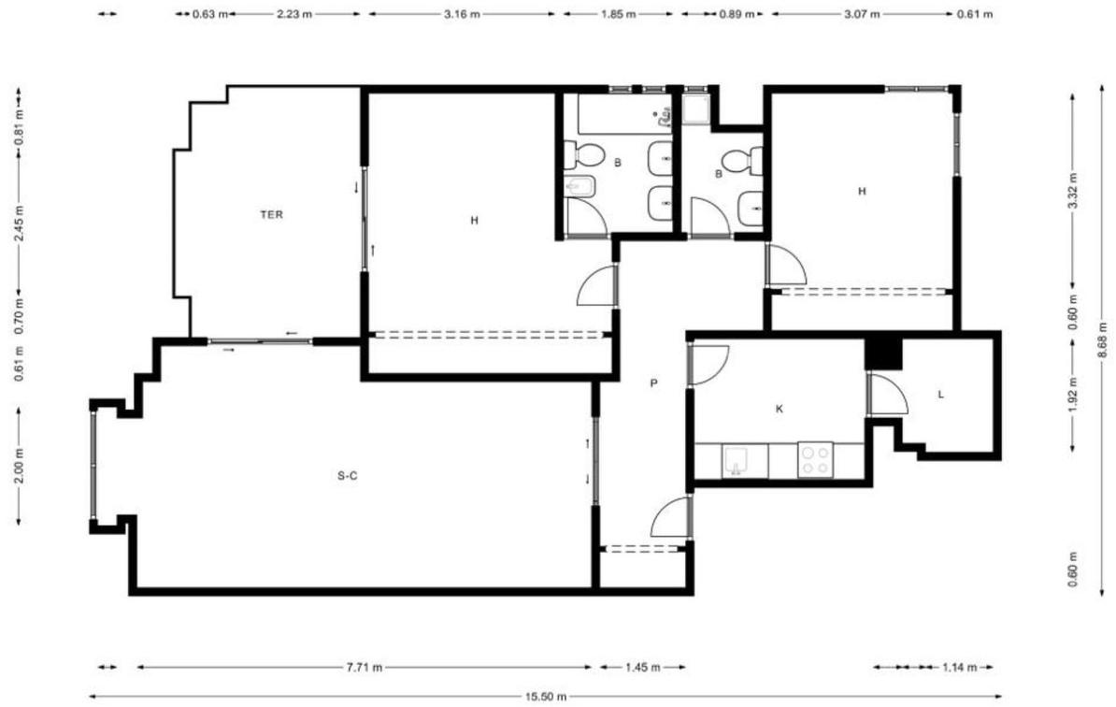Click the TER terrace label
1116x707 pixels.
coord(271,214)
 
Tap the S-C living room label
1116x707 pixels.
coord(348,476)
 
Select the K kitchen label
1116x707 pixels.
coord(780,409)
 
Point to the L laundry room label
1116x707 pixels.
coord(941,394)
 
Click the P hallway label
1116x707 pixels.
coord(653,383)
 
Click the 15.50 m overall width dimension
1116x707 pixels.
coord(547,697)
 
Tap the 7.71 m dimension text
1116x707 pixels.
coord(365,667)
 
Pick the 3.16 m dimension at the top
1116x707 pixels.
coord(461,14)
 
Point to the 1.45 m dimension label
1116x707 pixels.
coord(643,667)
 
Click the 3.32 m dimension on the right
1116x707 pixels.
coord(1073,191)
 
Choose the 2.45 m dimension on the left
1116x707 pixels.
coord(20,223)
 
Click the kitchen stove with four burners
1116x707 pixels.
coord(815,460)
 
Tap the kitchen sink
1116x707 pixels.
coord(735,461)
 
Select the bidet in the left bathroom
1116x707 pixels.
coord(579,186)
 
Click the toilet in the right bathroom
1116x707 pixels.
coord(742,160)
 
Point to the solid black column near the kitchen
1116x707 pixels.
coord(883,353)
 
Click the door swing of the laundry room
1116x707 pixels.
coord(888,394)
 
